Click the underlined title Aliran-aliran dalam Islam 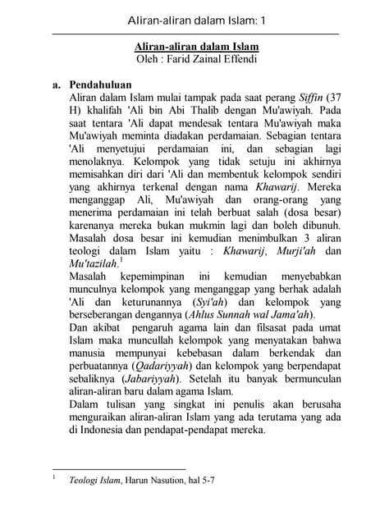point(195,47)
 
